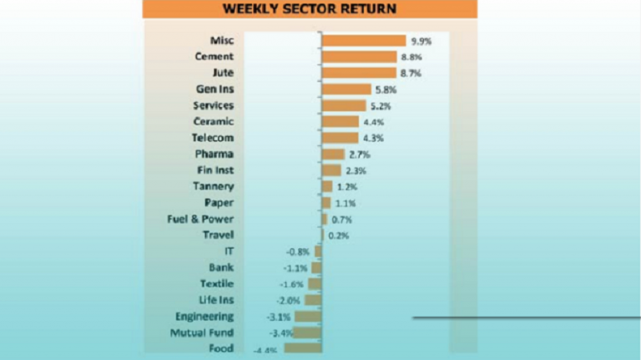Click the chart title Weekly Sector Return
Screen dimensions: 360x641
click(x=310, y=9)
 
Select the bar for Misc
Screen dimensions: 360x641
click(x=363, y=41)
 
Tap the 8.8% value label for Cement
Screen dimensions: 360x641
click(x=411, y=57)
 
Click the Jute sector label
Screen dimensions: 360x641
click(x=222, y=74)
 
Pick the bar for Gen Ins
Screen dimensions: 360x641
click(x=346, y=89)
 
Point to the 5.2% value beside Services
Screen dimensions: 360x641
click(x=380, y=106)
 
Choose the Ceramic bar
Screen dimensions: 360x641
click(x=340, y=122)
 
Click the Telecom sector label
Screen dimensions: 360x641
click(x=213, y=138)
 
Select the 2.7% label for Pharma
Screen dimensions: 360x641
click(x=359, y=155)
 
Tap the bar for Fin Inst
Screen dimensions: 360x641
click(x=331, y=170)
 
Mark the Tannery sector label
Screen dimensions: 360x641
click(x=213, y=186)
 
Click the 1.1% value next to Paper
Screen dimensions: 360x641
click(x=346, y=203)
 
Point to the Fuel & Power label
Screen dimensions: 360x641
click(x=200, y=219)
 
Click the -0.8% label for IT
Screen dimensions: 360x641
click(x=298, y=251)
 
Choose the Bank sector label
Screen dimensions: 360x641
click(x=221, y=268)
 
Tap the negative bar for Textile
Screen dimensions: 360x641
click(x=315, y=284)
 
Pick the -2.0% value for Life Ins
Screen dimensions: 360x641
click(x=289, y=300)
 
